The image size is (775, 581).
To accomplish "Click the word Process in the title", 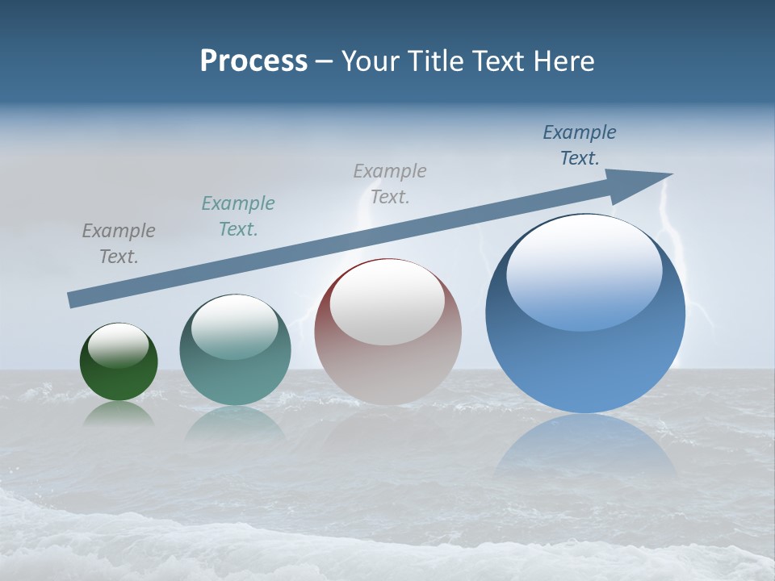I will (253, 61).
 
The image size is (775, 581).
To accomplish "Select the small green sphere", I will (119, 362).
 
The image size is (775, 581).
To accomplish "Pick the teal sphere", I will (235, 350).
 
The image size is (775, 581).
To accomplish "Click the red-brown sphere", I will (387, 332).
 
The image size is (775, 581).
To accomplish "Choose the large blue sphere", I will (585, 313).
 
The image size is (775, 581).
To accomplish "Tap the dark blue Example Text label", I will (580, 145).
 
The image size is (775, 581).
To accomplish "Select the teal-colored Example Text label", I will (238, 216).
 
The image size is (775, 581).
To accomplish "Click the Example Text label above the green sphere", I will (119, 244).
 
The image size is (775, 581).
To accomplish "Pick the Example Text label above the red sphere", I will (390, 183).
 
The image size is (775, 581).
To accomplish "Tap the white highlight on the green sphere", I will (119, 345).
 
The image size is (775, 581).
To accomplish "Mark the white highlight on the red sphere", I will (387, 303).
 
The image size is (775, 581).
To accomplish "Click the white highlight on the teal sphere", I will (235, 327).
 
